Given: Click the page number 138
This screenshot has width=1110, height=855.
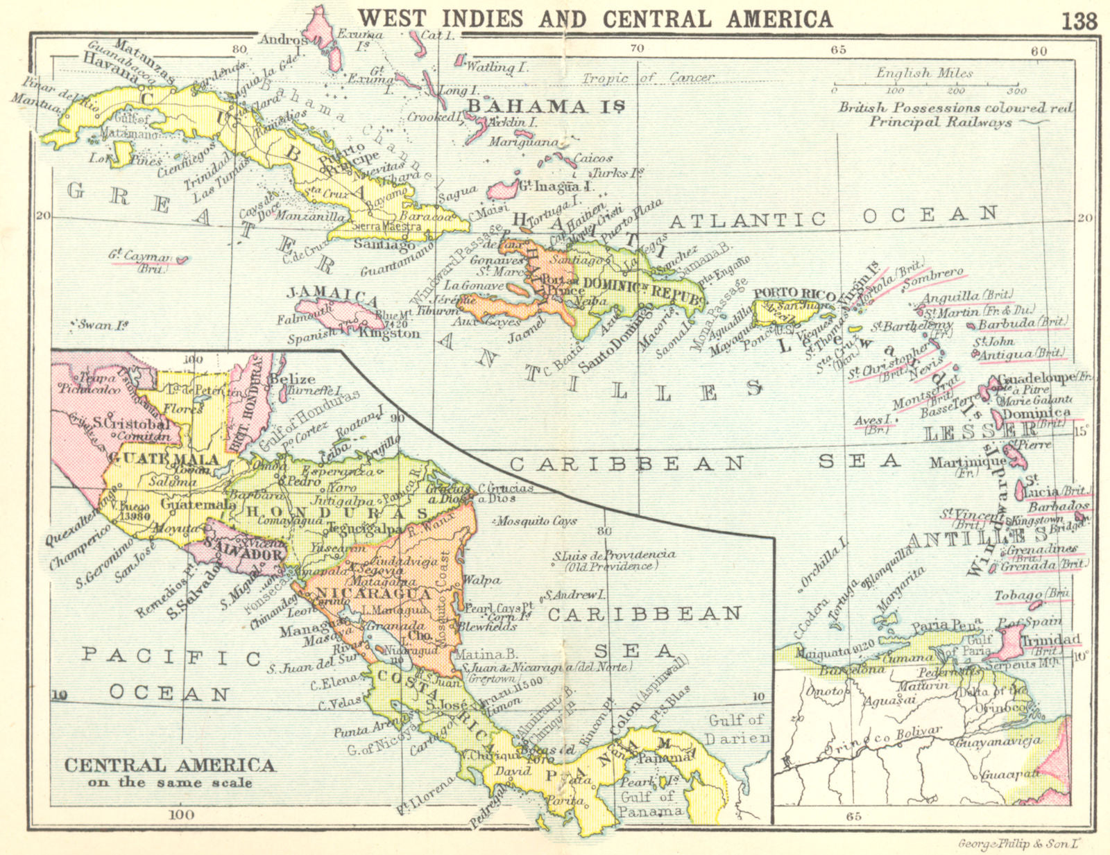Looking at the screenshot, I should click(1079, 21).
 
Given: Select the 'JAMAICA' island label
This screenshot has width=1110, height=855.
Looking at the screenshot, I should click(333, 296).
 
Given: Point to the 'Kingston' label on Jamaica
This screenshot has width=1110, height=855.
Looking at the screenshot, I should click(389, 334).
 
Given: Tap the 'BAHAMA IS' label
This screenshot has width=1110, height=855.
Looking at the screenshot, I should click(546, 106).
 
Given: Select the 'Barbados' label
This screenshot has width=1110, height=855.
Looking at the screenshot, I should click(1058, 507).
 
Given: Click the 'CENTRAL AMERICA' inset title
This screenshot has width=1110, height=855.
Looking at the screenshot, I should click(169, 766).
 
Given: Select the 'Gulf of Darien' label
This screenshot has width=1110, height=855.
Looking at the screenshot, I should click(737, 729).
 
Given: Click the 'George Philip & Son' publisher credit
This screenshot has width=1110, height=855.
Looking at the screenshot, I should click(1021, 844).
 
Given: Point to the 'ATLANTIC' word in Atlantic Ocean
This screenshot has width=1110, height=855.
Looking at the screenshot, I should click(747, 221).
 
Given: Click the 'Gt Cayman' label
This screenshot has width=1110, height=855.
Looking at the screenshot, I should click(139, 257).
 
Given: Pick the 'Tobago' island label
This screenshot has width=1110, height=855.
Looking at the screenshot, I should click(1018, 596).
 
